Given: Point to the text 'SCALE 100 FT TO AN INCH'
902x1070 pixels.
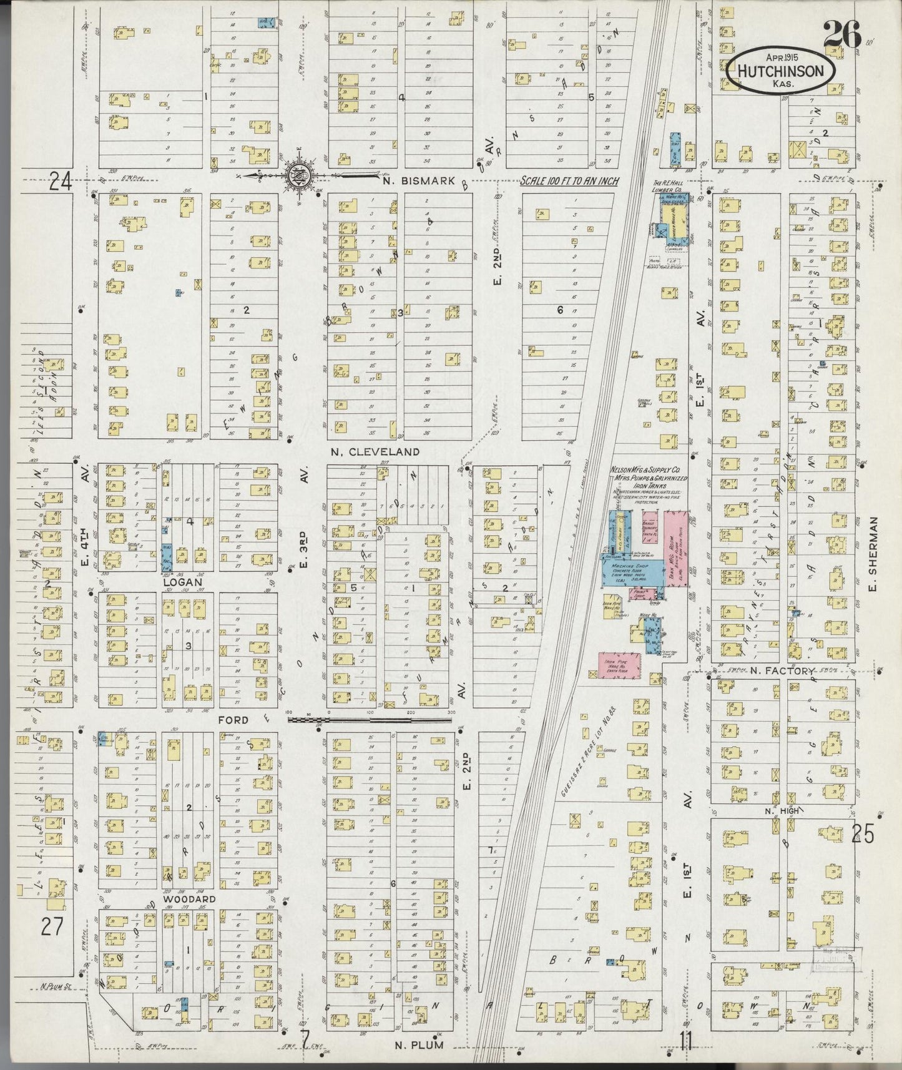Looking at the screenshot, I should (570, 182).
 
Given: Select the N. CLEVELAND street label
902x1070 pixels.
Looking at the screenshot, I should (375, 451).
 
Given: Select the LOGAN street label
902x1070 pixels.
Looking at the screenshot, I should (182, 582).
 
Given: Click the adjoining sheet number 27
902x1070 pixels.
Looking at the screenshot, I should (52, 926).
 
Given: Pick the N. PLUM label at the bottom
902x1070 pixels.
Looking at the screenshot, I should (419, 1044).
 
